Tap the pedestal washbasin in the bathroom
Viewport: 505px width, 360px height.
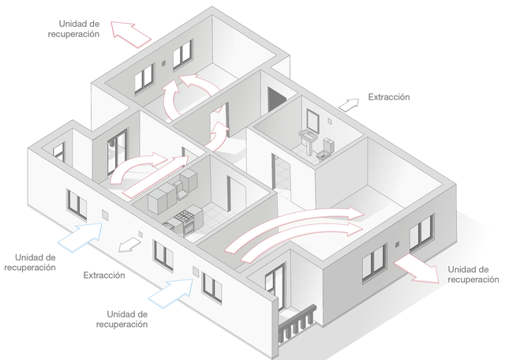[x=308, y=141]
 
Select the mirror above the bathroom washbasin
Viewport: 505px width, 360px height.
[x=312, y=121]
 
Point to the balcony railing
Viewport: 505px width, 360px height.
[x=297, y=323]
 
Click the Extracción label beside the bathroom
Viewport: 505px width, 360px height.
[x=389, y=97]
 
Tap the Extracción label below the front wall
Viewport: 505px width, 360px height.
[x=104, y=275]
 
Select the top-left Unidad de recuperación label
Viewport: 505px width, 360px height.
[x=73, y=28]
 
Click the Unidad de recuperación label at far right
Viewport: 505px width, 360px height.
[x=473, y=274]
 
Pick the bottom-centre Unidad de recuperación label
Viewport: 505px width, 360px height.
[x=122, y=319]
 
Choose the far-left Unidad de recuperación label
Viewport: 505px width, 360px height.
[x=30, y=262]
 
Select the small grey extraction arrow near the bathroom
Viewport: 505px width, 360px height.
[x=349, y=105]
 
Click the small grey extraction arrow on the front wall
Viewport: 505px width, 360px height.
[x=129, y=244]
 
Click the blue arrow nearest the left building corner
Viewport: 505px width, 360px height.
[x=80, y=237]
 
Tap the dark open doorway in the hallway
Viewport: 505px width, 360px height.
[x=276, y=100]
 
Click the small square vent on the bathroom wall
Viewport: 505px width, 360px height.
[x=330, y=121]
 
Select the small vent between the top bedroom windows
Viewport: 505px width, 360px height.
[x=163, y=63]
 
